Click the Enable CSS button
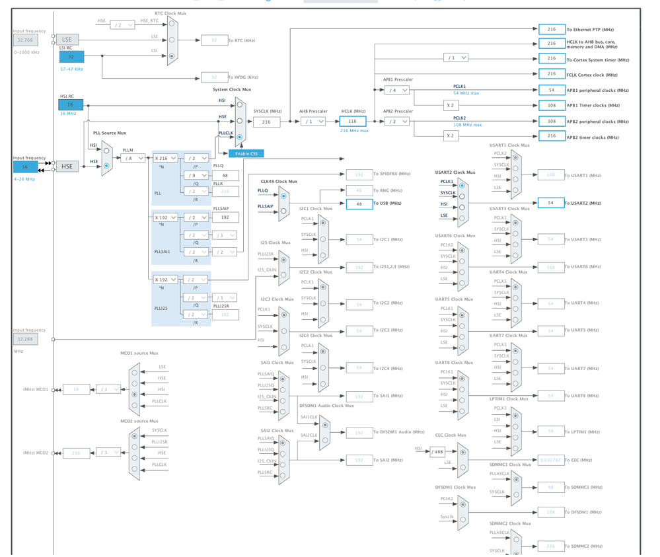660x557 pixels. [246, 153]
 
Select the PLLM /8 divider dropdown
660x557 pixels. [132, 158]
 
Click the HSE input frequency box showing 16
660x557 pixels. [25, 167]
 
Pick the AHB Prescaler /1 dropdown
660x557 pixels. [314, 122]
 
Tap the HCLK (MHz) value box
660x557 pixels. [352, 122]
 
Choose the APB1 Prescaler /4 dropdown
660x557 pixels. [397, 90]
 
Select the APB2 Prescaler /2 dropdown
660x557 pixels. [397, 122]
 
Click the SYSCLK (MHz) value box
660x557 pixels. [266, 122]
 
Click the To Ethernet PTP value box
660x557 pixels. [551, 29]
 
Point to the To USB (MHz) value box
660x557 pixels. [359, 204]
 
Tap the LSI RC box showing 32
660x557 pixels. [71, 57]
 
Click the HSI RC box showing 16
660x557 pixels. [71, 104]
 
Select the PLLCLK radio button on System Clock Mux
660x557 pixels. [240, 137]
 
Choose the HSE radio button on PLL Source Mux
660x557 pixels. [106, 165]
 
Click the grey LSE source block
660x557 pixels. [67, 40]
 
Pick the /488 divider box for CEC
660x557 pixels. [437, 453]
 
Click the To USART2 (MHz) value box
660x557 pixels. [550, 203]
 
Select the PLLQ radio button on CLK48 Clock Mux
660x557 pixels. [283, 196]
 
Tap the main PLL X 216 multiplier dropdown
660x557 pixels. [165, 159]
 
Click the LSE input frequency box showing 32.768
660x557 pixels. [25, 40]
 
